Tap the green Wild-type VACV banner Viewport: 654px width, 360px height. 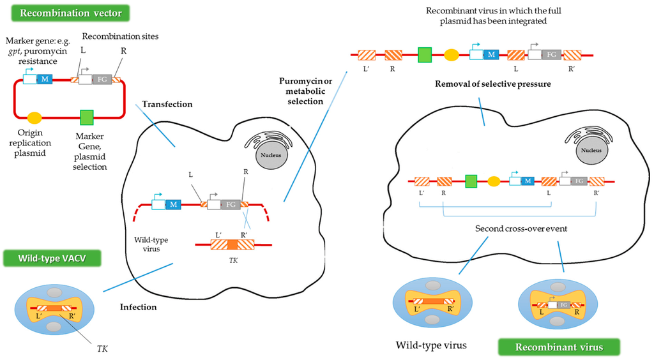point(50,260)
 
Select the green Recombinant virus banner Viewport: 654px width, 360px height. point(558,347)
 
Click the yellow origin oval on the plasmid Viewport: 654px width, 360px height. point(34,117)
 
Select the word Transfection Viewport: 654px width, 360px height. point(167,104)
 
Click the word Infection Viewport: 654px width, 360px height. point(139,307)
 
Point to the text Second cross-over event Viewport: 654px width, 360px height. point(512,228)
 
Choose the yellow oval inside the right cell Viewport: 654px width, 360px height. point(494,181)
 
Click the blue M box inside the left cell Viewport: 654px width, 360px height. point(173,204)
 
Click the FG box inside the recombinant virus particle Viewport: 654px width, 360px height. point(563,305)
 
